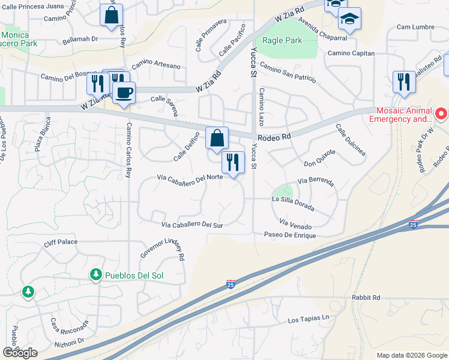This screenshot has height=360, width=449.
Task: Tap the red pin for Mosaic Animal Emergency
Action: click(441, 113)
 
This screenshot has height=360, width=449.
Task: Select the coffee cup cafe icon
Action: click(124, 94)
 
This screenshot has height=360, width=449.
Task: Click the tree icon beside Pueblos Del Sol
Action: click(95, 275)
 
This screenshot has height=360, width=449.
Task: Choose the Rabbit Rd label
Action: click(367, 297)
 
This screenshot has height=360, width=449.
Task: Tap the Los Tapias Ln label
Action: click(309, 318)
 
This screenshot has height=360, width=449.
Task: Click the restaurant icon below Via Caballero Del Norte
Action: click(233, 162)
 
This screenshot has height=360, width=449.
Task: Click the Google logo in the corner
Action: click(20, 353)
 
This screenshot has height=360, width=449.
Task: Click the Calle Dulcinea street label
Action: click(351, 140)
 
